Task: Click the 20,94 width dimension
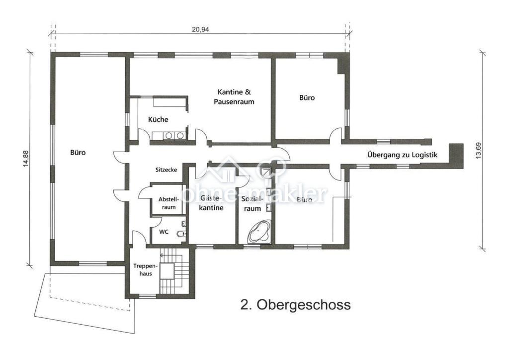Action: [200, 29]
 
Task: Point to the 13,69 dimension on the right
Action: [478, 149]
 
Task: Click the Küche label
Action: [158, 120]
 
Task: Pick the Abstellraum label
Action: [168, 203]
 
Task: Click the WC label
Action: [164, 232]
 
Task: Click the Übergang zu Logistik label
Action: [402, 155]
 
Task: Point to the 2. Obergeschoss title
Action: [295, 304]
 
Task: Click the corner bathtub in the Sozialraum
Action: [259, 232]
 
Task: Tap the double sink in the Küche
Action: [172, 135]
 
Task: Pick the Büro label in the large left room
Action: [78, 153]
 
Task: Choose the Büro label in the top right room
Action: [307, 98]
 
